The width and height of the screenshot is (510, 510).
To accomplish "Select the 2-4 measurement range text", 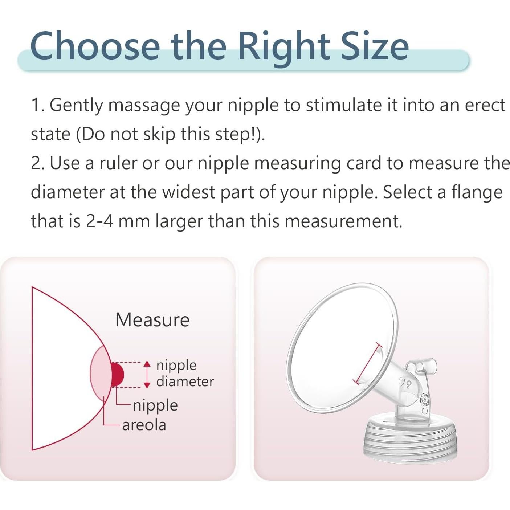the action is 100,221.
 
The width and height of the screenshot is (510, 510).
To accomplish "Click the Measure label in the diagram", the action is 152,320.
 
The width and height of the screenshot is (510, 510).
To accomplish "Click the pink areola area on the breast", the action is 101,373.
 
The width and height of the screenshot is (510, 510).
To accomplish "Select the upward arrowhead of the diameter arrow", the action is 147,364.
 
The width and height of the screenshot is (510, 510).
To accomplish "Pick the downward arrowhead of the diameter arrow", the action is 147,385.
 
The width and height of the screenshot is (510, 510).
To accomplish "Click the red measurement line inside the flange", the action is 368,364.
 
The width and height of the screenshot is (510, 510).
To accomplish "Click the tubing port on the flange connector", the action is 424,366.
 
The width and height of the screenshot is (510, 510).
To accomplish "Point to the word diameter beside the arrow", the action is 185,382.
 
